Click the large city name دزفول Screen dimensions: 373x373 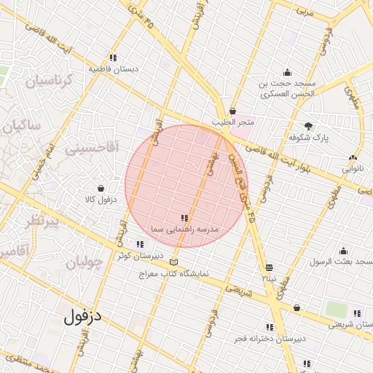coord(85,316)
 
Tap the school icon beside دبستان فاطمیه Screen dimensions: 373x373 coord(112,58)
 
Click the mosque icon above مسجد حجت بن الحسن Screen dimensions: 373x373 coord(288,72)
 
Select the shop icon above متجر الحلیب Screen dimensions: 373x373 coord(232,111)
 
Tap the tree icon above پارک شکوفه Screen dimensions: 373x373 coord(309,125)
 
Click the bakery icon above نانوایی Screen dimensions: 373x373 coord(353,157)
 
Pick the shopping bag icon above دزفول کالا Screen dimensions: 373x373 coord(101,188)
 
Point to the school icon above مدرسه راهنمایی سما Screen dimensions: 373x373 coord(184,218)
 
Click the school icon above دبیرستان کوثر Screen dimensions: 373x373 coord(139,244)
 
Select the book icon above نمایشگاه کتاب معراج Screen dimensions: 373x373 coord(173,262)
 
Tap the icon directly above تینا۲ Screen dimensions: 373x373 coord(270,267)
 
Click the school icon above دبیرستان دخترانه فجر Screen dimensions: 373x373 coord(270,327)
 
